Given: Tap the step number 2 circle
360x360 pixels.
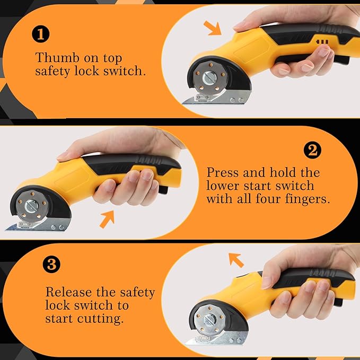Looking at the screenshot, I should click(x=312, y=150).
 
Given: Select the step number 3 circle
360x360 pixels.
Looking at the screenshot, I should click(x=51, y=264).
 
